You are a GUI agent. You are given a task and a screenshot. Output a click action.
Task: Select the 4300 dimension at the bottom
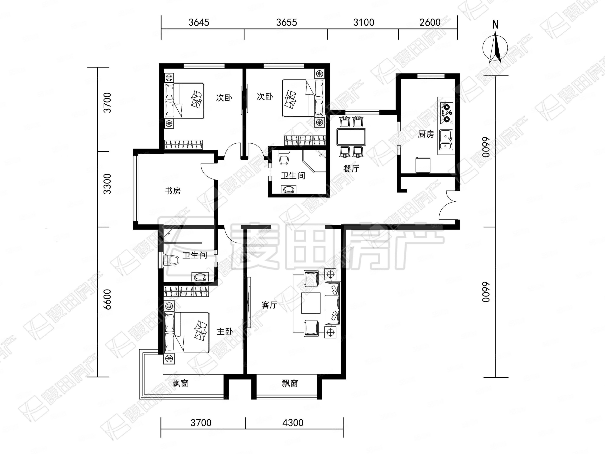pos(293,423)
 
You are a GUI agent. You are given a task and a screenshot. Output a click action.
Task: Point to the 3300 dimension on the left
pos(107,184)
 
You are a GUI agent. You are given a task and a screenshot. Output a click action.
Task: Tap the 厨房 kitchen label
pos(426,134)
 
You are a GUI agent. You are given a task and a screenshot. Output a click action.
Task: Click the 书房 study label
pos(173,191)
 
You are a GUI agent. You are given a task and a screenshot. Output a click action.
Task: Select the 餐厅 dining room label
pos(351,169)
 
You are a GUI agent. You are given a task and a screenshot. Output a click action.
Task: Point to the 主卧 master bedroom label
pos(225,331)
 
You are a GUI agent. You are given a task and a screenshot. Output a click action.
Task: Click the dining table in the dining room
pos(351,137)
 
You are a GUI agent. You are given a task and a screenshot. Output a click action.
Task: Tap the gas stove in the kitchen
pos(446,112)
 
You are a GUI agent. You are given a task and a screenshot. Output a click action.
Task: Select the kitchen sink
pos(446,140)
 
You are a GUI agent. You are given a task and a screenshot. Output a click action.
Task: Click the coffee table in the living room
pos(311,303)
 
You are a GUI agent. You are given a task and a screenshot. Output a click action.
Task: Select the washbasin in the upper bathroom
pos(289,189)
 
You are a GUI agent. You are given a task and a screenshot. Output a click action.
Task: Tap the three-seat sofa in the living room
pos(333,304)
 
